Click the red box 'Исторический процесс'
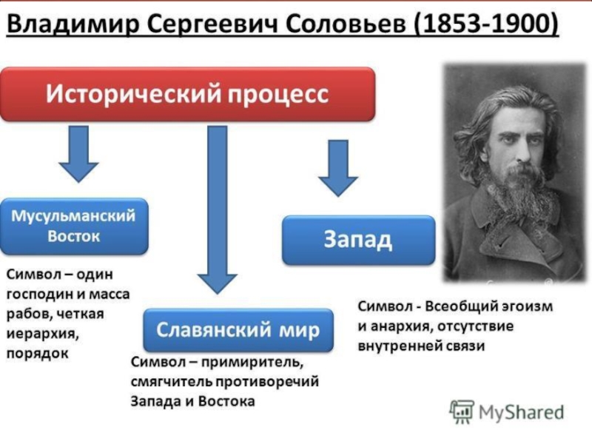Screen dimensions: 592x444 (x=188, y=94)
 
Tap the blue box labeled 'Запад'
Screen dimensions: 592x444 (x=358, y=240)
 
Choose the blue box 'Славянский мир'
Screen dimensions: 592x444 (x=238, y=329)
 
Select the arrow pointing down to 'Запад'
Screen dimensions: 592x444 (x=338, y=168)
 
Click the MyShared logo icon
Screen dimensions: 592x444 (x=462, y=412)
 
